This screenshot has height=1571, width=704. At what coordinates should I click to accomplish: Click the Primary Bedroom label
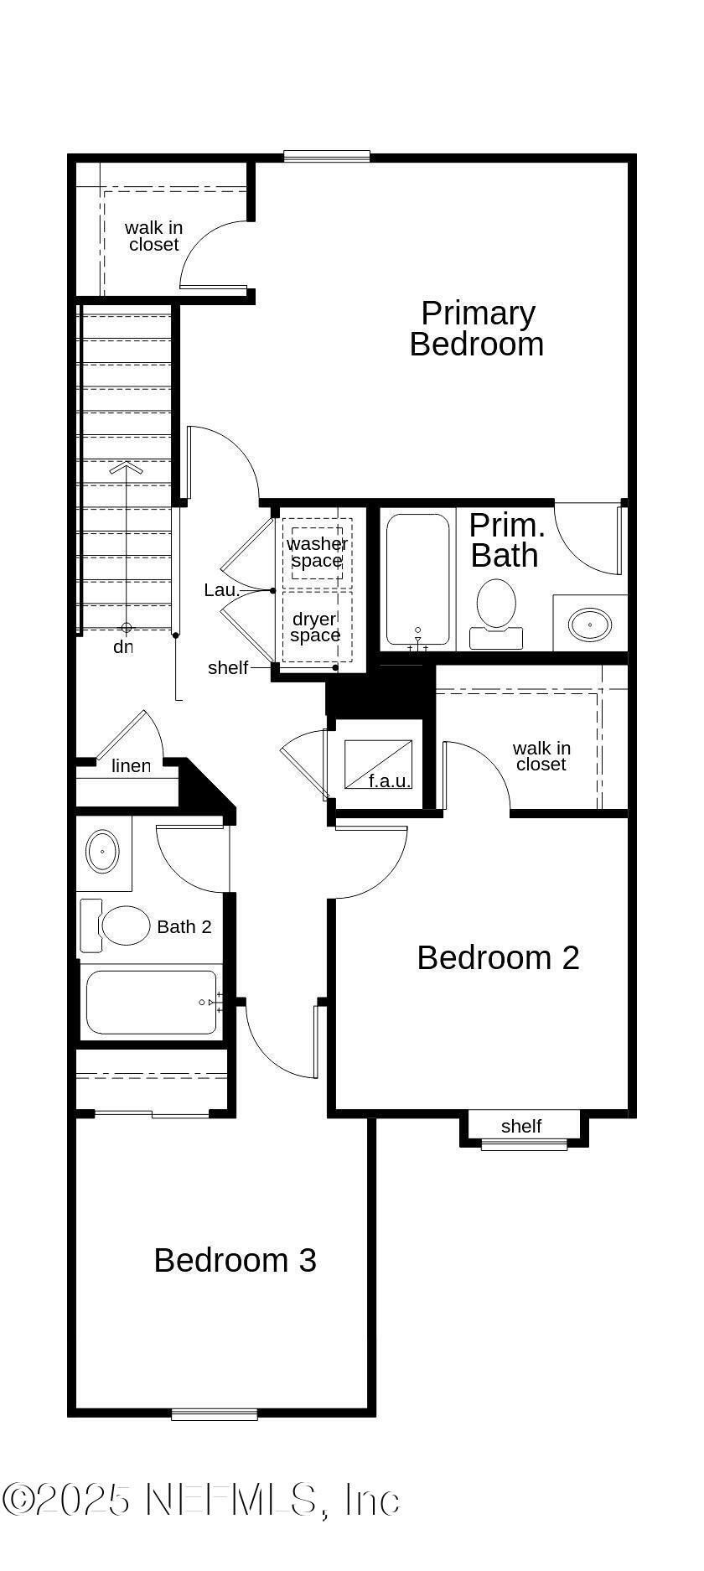click(476, 329)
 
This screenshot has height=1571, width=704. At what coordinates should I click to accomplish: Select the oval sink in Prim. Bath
click(590, 625)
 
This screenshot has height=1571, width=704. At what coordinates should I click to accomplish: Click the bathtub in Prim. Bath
click(417, 578)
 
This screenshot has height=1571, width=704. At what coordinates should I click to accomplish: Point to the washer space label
click(317, 552)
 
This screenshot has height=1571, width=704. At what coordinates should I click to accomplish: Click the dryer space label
click(315, 627)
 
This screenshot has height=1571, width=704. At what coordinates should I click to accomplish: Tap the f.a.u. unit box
click(378, 764)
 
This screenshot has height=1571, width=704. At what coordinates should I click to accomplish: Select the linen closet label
click(131, 765)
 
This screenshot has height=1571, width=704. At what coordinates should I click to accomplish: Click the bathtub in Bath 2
click(152, 1002)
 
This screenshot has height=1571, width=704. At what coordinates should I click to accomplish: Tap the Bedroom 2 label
click(498, 957)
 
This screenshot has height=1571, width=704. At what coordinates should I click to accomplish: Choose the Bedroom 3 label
click(235, 1260)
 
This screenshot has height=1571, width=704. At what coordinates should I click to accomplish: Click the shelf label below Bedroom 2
click(521, 1126)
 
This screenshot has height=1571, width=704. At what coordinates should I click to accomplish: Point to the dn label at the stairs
click(123, 647)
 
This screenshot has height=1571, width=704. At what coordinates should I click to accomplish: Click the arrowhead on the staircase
click(126, 468)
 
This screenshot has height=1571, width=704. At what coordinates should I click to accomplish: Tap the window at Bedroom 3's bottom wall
click(215, 1414)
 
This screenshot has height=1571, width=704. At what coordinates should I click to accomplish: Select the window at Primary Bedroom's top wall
click(327, 156)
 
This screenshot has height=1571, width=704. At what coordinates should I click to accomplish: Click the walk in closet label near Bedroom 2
click(541, 755)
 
